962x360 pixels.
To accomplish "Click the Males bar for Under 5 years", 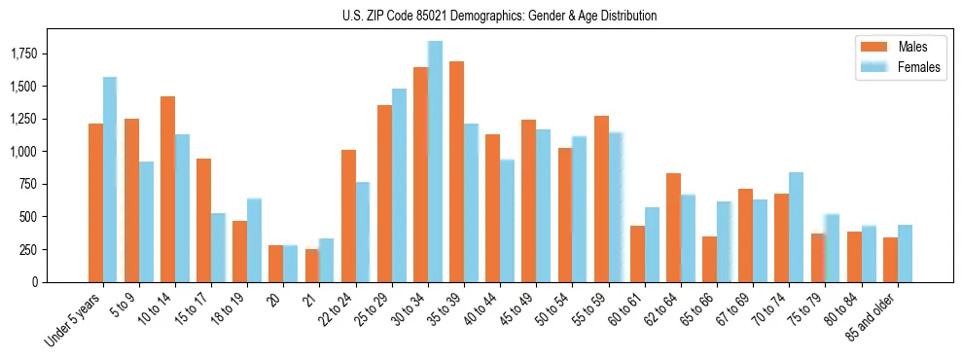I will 95,202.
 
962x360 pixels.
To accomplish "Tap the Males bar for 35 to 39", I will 456,171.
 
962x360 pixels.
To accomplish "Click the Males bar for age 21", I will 311,265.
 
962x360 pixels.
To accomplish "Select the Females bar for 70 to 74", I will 796,227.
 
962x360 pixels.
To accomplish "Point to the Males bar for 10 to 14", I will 167,189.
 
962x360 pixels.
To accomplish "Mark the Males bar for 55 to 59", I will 601,198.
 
